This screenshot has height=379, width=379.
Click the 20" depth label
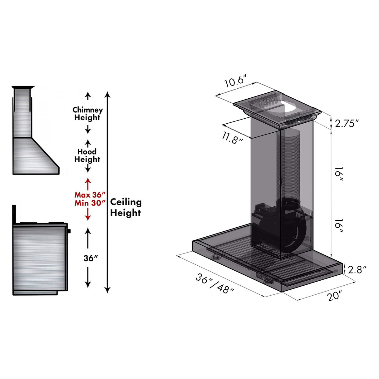pyautogui.click(x=335, y=295)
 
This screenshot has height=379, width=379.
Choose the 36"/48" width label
pyautogui.click(x=215, y=283)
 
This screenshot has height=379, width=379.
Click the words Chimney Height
pyautogui.click(x=87, y=114)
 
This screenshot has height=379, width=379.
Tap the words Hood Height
pyautogui.click(x=87, y=155)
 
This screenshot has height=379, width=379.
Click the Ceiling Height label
pyautogui.click(x=126, y=207)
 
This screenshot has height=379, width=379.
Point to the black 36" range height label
pyautogui.click(x=91, y=258)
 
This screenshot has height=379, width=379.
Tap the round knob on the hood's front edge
pyautogui.click(x=215, y=257)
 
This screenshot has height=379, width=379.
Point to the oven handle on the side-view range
pyautogui.click(x=69, y=231)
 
